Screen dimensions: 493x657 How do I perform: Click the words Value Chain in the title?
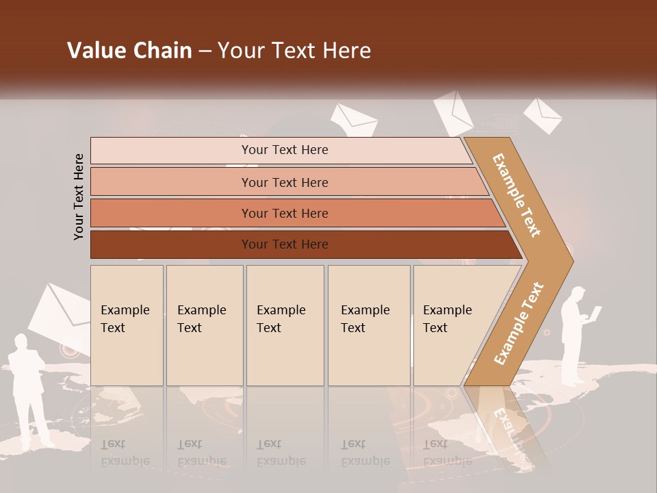point(129,51)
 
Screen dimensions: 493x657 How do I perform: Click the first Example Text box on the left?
point(127,325)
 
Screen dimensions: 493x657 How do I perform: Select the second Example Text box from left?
point(204,325)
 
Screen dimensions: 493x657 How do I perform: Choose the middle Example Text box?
point(285,325)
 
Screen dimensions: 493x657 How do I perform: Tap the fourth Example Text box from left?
point(368,325)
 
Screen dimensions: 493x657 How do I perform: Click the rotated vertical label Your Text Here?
point(79,197)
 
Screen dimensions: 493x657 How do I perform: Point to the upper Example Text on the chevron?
point(517,194)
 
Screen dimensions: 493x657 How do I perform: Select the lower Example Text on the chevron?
point(519,323)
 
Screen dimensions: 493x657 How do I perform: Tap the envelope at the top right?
point(543,115)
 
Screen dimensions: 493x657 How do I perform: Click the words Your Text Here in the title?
point(294,51)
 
